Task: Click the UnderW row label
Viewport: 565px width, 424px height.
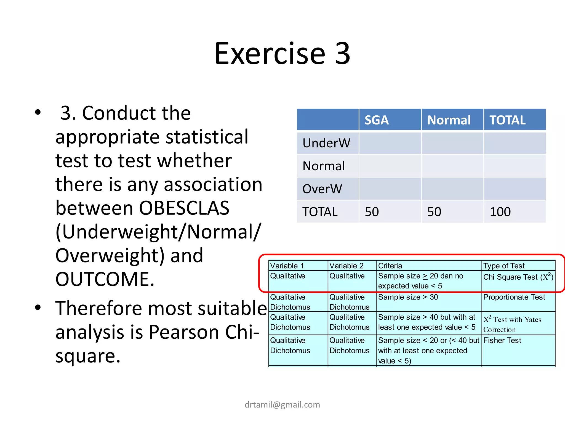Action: coord(326,143)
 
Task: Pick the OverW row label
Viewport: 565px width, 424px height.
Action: coord(322,189)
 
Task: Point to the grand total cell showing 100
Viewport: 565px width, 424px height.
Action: coord(500,212)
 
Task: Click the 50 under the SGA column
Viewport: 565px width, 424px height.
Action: coord(372,212)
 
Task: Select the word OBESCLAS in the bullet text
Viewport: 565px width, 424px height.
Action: coord(184,208)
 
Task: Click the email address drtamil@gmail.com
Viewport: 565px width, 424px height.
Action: coord(282,405)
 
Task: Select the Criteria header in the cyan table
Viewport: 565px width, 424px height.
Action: coord(390,266)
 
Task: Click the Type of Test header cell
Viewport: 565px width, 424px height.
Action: coord(504,266)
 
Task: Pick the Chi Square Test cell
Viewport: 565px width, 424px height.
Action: coord(518,277)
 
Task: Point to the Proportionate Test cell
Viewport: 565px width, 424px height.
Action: coord(514,297)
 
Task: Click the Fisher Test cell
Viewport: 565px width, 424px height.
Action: coord(502,340)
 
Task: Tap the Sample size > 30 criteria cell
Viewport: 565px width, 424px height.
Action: coord(408,297)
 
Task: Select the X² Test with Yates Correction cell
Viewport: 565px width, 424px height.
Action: coord(512,324)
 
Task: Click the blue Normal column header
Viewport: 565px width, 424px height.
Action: coord(449,120)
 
